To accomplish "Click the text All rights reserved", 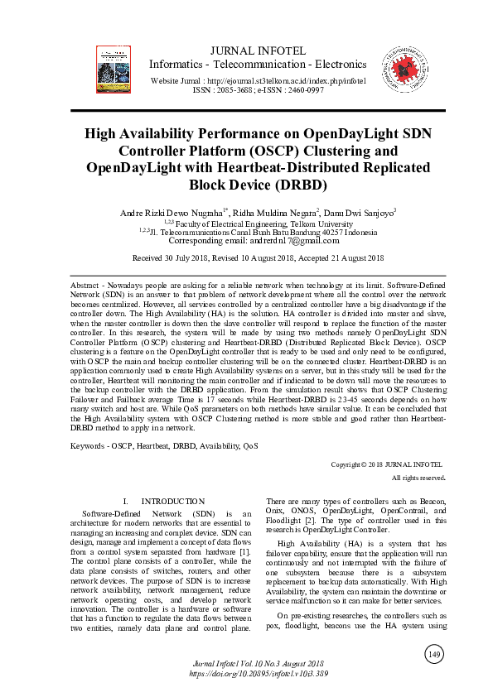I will click(418, 478).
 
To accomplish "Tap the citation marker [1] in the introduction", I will click(244, 550).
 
